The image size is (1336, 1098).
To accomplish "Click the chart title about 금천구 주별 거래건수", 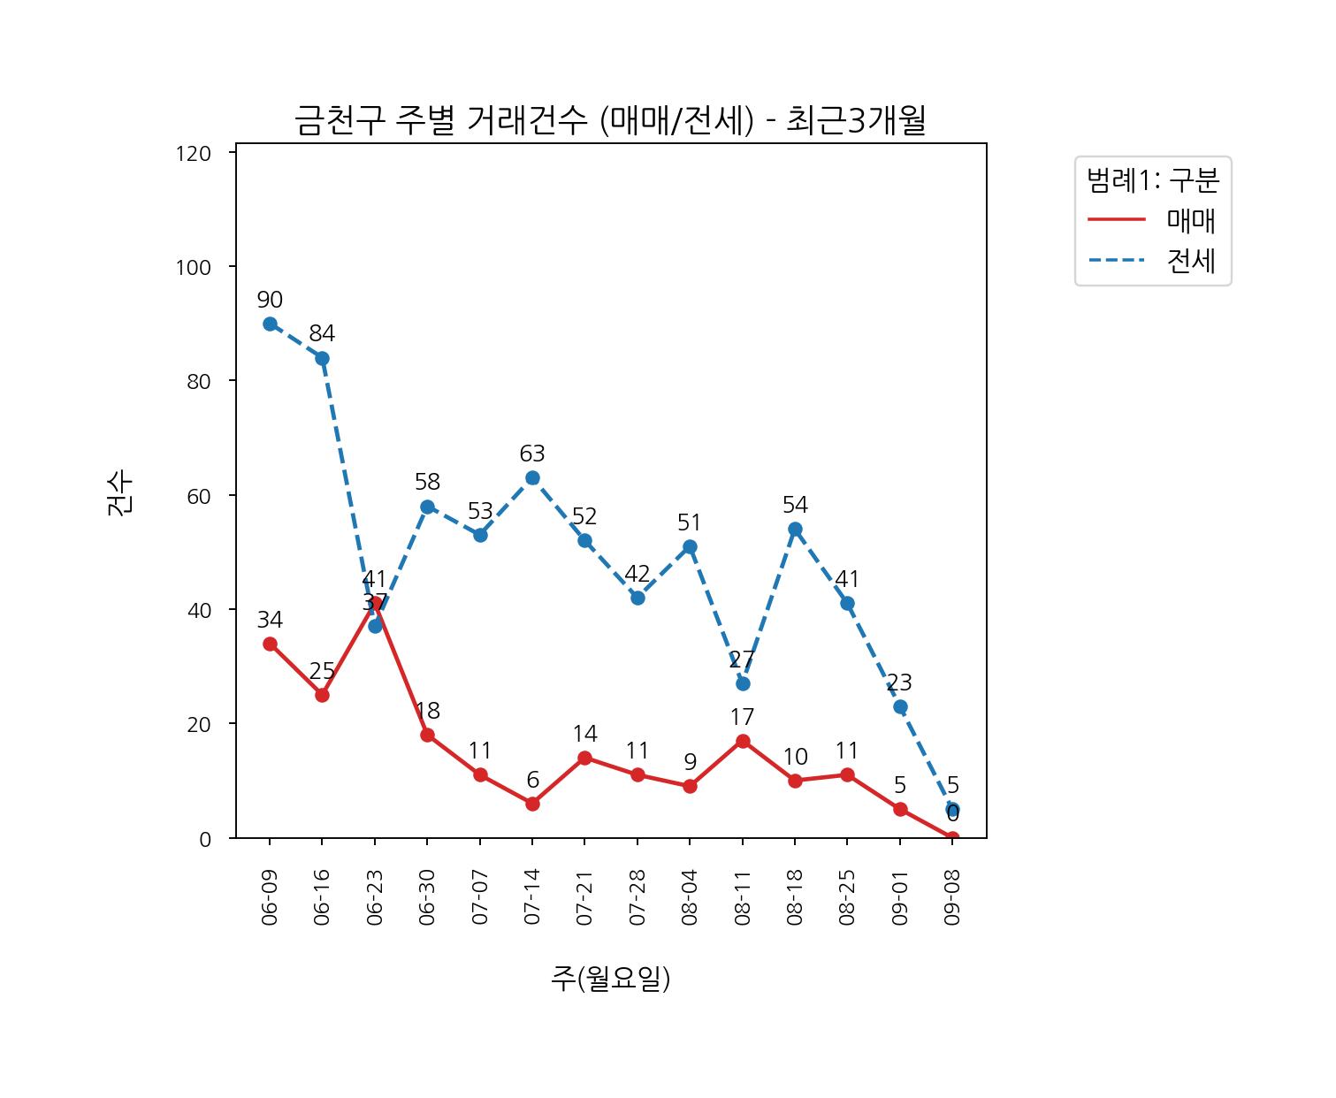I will click(610, 120).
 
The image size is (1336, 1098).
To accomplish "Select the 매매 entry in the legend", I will click(1191, 220).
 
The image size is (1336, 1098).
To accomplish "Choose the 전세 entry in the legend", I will click(1191, 261).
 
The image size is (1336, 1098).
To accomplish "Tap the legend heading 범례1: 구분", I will click(1152, 180).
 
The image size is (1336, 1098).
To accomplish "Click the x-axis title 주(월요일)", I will click(610, 978).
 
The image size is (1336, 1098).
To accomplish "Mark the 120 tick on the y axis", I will click(194, 154).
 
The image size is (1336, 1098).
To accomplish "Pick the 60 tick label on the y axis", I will click(199, 496).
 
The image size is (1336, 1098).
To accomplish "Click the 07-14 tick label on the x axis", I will click(532, 896).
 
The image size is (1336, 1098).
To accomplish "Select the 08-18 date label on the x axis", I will click(795, 896).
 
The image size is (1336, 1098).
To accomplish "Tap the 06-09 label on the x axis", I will click(270, 896).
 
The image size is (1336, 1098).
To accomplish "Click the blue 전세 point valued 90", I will click(270, 324).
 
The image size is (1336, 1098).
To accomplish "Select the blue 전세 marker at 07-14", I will click(532, 478).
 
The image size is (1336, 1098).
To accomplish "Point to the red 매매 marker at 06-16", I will click(322, 695).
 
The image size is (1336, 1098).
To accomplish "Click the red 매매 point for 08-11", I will click(743, 741).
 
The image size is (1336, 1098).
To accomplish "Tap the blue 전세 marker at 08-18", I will click(795, 530).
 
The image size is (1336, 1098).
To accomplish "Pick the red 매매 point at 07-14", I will click(532, 804).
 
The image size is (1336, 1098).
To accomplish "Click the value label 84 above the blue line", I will click(322, 334).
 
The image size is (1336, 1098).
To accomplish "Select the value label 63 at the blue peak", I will click(532, 454).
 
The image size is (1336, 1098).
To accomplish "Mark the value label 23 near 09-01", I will click(899, 682).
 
